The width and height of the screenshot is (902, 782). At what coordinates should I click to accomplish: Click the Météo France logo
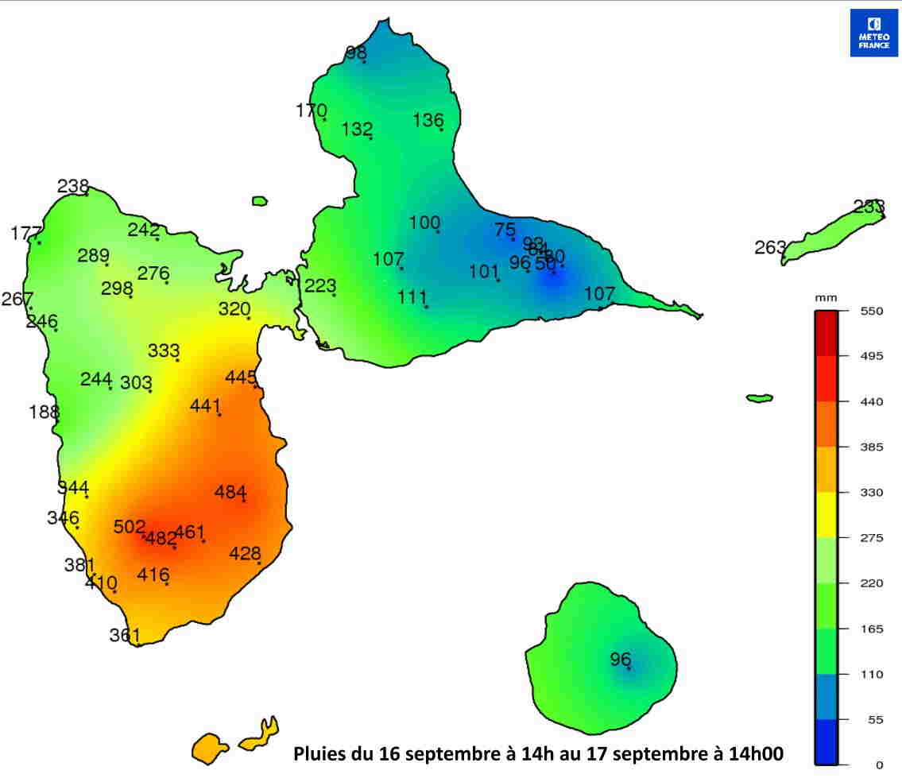874,33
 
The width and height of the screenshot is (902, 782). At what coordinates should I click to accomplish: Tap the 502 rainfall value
130,527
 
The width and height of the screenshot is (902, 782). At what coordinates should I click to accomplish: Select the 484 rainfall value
230,492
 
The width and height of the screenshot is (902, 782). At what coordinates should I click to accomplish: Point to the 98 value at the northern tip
356,53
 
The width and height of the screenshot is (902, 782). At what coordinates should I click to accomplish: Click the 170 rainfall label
311,110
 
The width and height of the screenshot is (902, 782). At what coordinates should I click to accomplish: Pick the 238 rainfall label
73,186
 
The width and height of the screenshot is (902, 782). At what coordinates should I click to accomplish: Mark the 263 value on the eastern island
770,247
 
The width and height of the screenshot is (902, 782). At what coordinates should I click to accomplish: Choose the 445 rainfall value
241,377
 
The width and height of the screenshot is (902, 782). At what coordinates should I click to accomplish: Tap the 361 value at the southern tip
125,635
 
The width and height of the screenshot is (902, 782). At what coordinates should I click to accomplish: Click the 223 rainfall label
320,286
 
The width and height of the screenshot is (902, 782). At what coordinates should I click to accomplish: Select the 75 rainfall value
505,230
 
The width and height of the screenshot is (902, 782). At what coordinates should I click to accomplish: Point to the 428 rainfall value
246,553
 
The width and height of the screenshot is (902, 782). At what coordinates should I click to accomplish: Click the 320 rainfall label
234,309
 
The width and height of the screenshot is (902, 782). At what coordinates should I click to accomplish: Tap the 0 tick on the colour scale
878,765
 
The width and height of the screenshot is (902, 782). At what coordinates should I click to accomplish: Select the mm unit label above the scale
826,297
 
